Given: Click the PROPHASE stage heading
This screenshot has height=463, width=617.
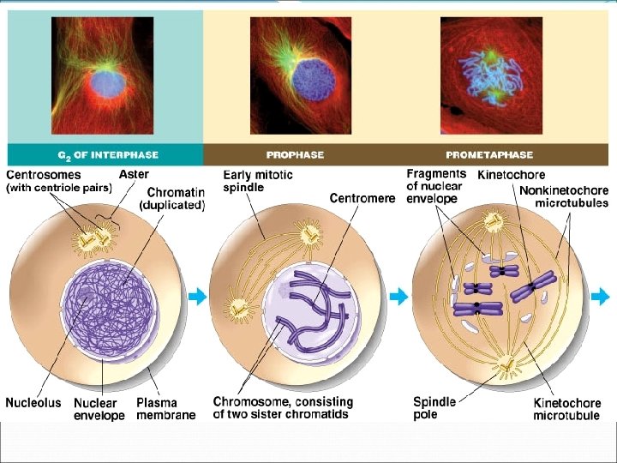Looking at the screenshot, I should [x=295, y=155].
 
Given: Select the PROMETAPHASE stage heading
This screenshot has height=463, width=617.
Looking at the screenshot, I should [x=489, y=155].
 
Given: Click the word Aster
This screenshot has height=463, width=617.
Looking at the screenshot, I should [x=134, y=174].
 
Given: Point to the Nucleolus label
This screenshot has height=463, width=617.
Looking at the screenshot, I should [x=33, y=401].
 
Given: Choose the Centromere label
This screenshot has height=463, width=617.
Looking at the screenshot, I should [x=362, y=198].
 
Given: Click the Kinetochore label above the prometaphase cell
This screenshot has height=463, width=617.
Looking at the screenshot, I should [x=511, y=175].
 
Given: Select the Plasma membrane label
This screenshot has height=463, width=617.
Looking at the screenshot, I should [x=165, y=408].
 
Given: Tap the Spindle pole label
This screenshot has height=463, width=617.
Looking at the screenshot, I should [x=434, y=408].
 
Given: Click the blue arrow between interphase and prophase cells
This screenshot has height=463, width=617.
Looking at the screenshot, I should [x=198, y=297].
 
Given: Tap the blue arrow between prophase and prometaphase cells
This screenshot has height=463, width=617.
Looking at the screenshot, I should [x=398, y=297].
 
